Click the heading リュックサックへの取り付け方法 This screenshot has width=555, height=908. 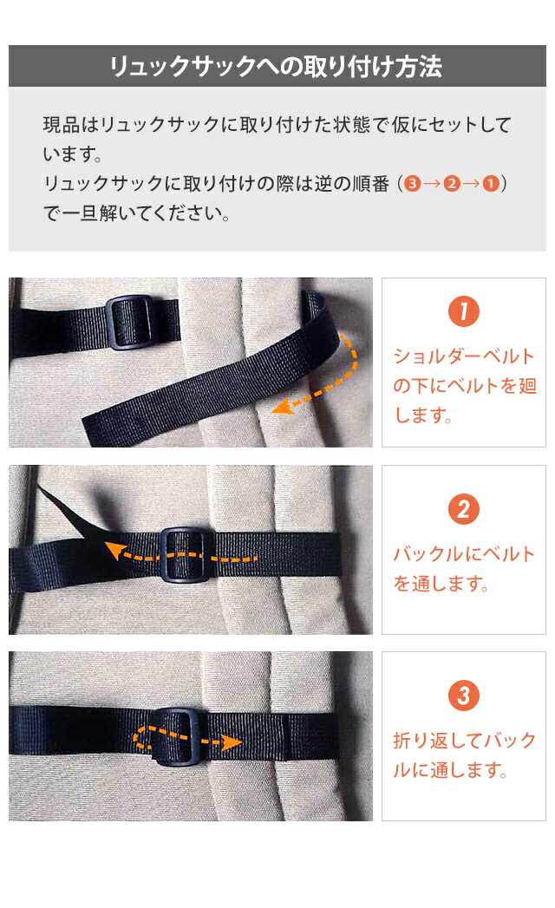point(277,67)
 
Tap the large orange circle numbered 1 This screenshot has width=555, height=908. point(463,312)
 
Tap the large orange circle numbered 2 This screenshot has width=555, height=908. point(463,509)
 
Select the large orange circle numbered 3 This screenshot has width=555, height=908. point(463,696)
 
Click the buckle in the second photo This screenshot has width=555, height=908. point(183,556)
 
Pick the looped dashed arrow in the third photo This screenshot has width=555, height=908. point(186,741)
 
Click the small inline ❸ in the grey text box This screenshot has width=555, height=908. point(412,185)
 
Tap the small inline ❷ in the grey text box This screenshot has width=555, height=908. point(451,185)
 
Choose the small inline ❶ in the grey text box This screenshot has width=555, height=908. point(490,185)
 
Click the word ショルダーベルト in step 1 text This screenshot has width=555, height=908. point(465,356)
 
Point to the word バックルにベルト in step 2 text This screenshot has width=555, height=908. point(465,554)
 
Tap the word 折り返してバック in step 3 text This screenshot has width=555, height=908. point(465,741)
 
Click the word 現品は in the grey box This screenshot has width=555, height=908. point(71,125)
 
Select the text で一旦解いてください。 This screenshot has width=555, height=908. point(137,213)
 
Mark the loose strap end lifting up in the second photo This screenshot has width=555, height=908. point(65,513)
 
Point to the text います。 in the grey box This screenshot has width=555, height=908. point(73,156)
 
